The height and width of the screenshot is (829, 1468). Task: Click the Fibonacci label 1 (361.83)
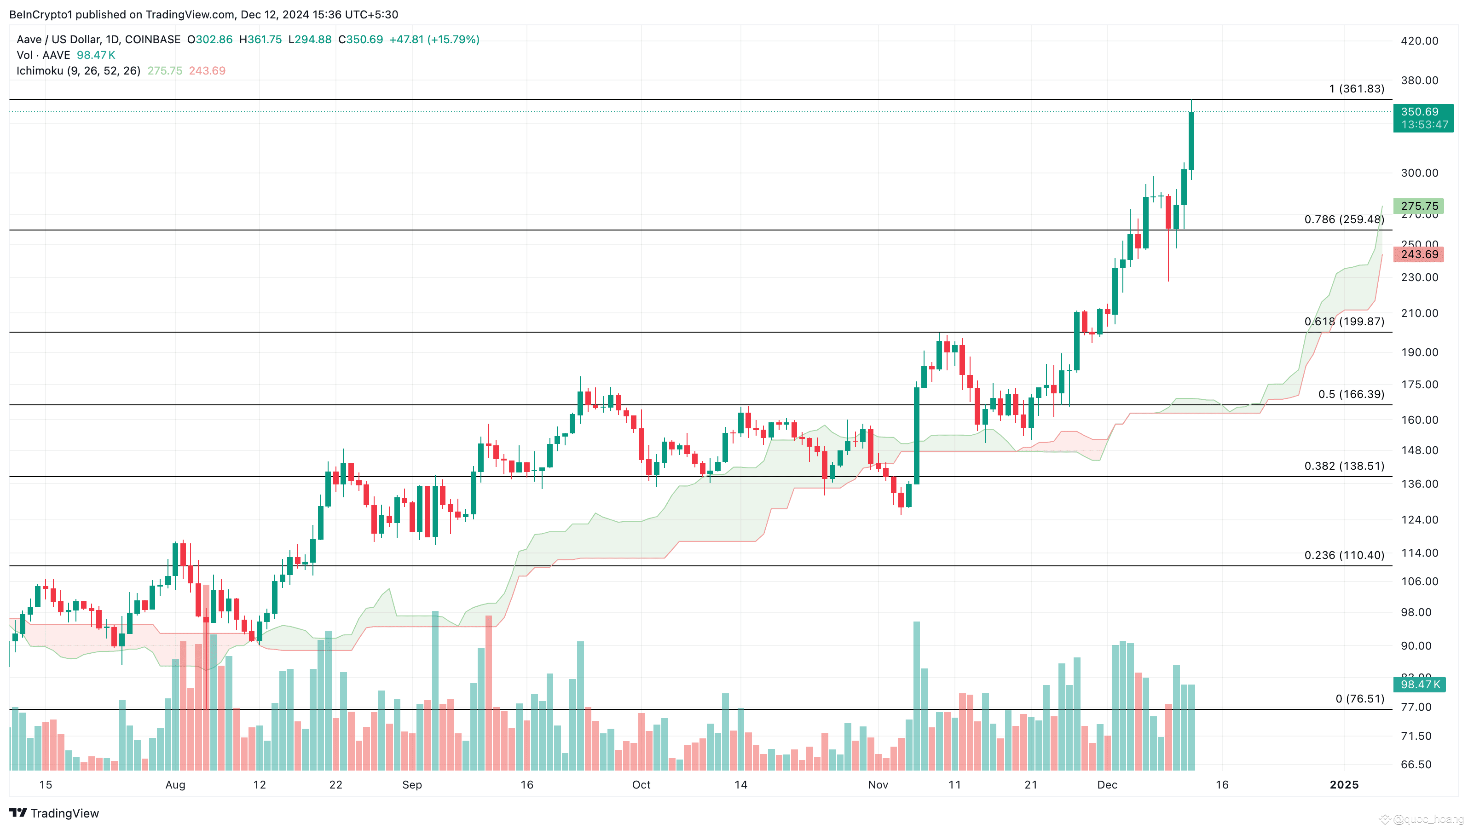(x=1356, y=89)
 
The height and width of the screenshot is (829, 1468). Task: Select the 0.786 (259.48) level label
(x=1344, y=219)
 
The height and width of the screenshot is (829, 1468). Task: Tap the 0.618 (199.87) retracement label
(x=1344, y=322)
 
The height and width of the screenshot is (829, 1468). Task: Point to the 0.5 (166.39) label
(x=1351, y=394)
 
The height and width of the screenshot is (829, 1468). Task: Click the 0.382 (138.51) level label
(x=1344, y=466)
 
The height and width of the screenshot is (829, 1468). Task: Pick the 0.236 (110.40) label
(x=1344, y=555)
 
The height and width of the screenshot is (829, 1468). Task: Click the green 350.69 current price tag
(x=1422, y=118)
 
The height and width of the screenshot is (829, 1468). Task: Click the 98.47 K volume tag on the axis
(x=1420, y=684)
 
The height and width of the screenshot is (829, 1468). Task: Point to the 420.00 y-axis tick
(x=1419, y=41)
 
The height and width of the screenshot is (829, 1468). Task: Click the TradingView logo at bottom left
(x=54, y=813)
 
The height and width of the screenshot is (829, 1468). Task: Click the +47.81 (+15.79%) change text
(x=434, y=39)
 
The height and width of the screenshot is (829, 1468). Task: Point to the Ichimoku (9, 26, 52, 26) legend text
(x=79, y=71)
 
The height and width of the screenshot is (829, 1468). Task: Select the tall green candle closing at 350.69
(x=1191, y=141)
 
